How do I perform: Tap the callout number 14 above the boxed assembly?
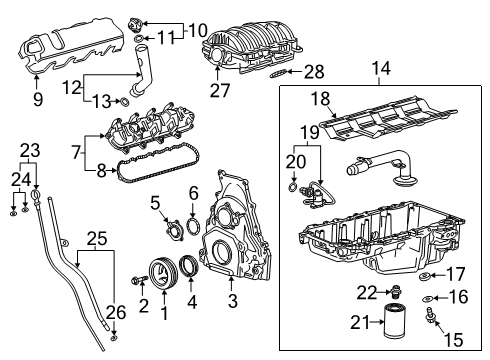click(381, 69)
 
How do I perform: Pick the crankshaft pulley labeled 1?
click(157, 272)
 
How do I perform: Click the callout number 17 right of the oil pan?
click(455, 273)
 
